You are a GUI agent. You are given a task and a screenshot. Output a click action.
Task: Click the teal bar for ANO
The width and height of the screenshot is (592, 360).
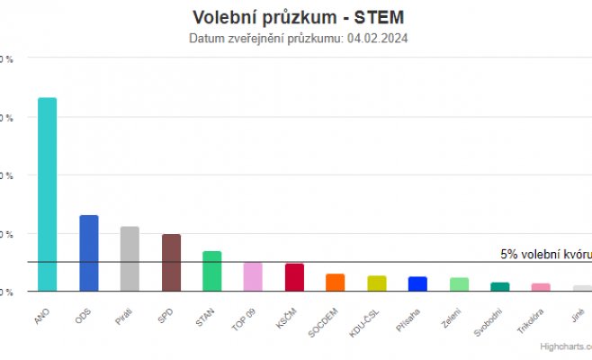[47, 194]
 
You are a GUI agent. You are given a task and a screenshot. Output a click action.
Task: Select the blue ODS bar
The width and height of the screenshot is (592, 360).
[89, 253]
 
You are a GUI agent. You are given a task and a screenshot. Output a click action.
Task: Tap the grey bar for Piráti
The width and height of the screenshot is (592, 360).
[130, 259]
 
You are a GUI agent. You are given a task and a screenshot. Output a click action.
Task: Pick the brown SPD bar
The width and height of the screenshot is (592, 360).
[171, 263]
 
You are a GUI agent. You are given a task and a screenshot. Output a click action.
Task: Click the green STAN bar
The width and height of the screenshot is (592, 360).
[212, 271]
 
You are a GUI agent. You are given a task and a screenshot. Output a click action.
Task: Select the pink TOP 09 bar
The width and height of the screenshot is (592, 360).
[253, 277]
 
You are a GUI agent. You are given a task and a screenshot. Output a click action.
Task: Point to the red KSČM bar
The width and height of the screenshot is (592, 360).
[294, 277]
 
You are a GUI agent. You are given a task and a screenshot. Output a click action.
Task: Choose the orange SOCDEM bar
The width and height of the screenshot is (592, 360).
[335, 283]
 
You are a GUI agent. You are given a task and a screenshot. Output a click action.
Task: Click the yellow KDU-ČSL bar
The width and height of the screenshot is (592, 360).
[376, 283]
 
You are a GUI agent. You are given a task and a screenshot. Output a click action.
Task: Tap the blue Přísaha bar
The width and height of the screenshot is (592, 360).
[417, 283]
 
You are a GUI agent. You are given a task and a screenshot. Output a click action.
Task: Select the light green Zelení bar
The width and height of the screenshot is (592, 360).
[459, 284]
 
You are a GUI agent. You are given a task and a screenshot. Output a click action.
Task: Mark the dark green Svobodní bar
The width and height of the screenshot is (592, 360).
[499, 287]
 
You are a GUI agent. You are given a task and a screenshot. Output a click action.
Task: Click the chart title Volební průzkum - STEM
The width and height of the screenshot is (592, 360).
[298, 18]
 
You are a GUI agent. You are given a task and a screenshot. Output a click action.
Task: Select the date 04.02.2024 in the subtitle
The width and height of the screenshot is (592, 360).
[378, 39]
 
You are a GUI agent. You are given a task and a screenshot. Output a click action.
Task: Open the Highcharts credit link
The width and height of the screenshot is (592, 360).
[565, 346]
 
